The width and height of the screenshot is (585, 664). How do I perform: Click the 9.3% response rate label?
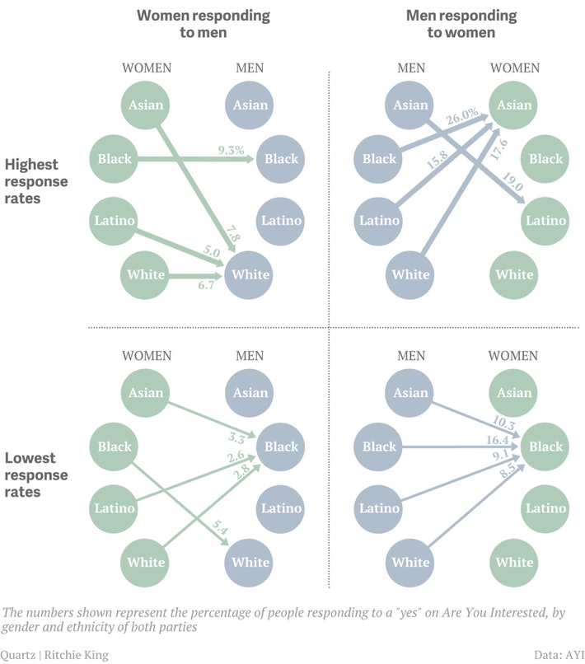tap(232, 150)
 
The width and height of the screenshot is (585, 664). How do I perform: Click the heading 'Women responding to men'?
tap(204, 24)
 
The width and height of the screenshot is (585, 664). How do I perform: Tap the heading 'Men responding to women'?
tap(461, 24)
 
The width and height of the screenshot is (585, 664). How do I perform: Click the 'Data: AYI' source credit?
tap(559, 655)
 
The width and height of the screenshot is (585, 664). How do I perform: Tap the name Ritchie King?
tap(74, 655)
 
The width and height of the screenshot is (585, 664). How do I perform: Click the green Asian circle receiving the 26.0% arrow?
tap(515, 105)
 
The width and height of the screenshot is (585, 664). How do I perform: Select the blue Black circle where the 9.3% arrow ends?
tap(281, 159)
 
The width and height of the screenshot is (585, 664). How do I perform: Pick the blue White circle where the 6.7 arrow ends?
tap(250, 274)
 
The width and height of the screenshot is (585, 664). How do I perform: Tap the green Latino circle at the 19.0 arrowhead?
tap(545, 220)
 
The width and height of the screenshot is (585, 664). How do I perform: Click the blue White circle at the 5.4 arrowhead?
tap(250, 563)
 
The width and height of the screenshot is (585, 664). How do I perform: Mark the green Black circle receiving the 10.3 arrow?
tap(545, 447)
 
